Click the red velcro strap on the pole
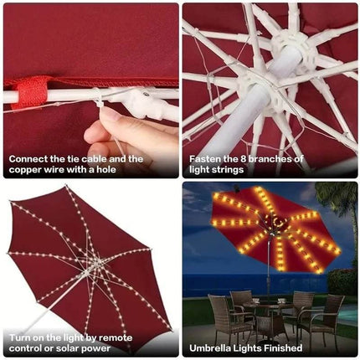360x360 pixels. [32, 93]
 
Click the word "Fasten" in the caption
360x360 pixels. [206, 158]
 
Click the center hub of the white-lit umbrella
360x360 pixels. [95, 266]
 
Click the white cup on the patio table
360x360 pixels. [281, 300]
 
